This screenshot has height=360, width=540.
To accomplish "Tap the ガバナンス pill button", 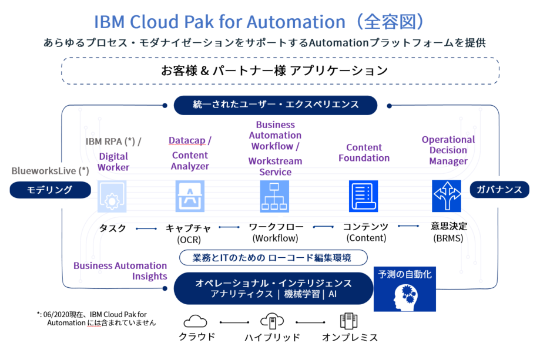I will tap(499, 190).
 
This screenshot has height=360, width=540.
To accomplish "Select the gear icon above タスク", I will tap(112, 196).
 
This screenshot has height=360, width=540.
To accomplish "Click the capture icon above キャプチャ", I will tap(190, 196).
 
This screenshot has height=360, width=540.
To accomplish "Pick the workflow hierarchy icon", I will tap(274, 196).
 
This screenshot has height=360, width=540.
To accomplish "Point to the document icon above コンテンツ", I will tap(363, 196).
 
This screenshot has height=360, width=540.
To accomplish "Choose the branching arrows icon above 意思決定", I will tap(447, 196).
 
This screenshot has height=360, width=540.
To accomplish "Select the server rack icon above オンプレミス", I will tap(348, 321).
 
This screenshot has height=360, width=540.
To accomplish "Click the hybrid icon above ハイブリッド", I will tap(272, 321).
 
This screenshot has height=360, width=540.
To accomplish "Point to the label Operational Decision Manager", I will tap(448, 150).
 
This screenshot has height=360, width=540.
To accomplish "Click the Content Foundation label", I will tap(364, 153).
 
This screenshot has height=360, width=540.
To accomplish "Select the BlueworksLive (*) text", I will tap(51, 171).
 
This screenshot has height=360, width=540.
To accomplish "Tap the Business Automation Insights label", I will tap(120, 271).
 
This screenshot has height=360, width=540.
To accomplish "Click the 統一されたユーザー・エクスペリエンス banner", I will tap(276, 105).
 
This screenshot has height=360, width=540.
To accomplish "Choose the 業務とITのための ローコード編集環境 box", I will tap(273, 257).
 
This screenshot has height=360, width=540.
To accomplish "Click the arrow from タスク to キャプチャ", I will tap(146, 228).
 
